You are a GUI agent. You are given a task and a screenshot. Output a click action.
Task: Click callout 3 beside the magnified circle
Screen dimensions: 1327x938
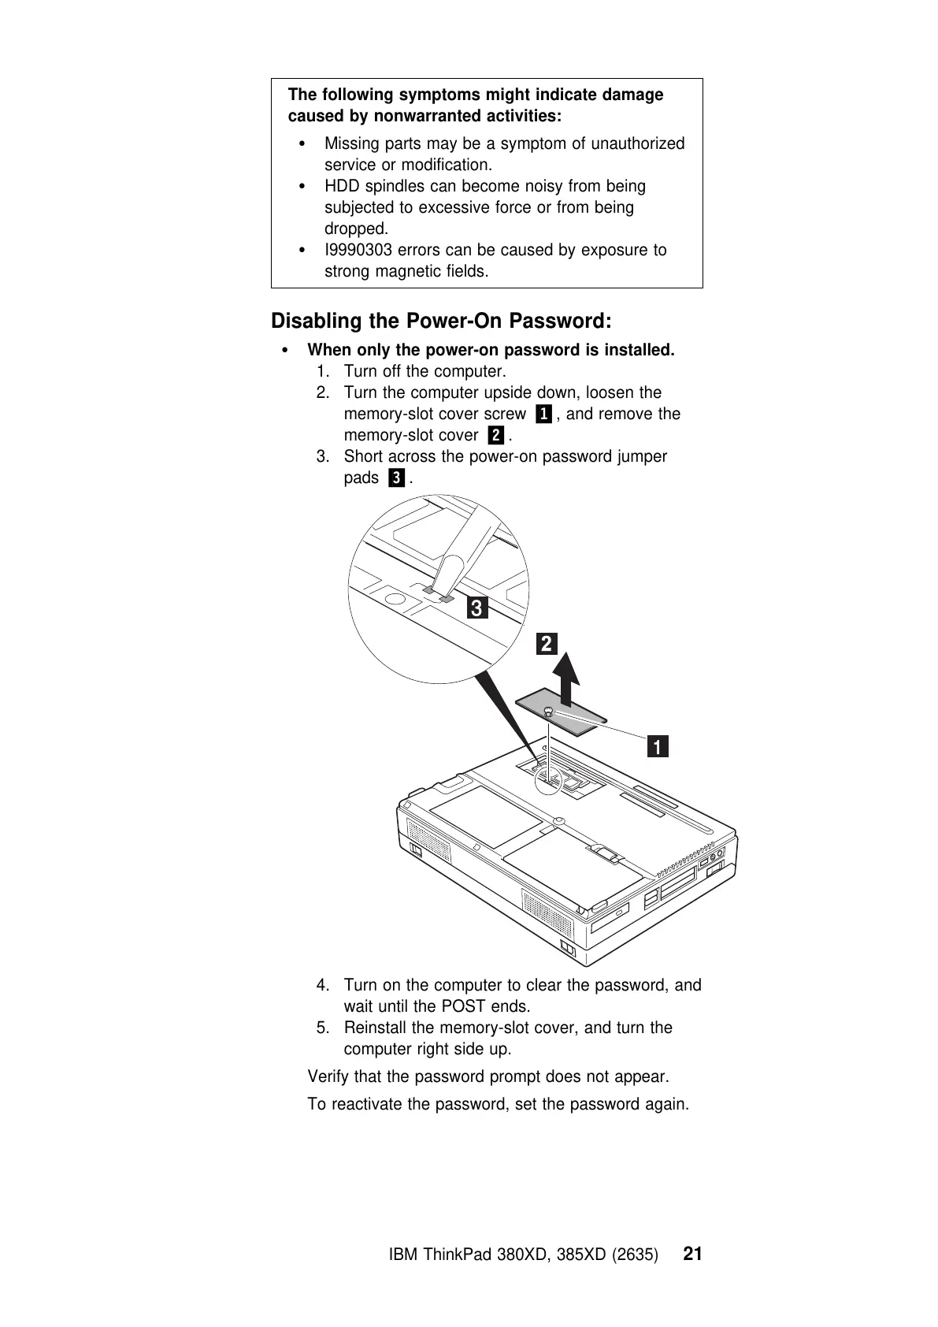pyautogui.click(x=476, y=608)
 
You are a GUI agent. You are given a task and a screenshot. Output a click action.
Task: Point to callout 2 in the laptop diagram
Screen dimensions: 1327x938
pyautogui.click(x=546, y=644)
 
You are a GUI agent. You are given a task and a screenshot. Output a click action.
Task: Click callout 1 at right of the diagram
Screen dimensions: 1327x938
pyautogui.click(x=658, y=745)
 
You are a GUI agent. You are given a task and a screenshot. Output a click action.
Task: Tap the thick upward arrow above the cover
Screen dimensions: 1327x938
pyautogui.click(x=565, y=679)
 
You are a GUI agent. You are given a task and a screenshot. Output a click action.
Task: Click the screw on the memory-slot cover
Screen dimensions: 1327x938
pyautogui.click(x=548, y=712)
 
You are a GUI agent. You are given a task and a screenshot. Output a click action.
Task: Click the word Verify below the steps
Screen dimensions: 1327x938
pyautogui.click(x=328, y=1076)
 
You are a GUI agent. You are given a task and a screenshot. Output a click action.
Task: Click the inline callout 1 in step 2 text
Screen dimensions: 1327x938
pyautogui.click(x=543, y=414)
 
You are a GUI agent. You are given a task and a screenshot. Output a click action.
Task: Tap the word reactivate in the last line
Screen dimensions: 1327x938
pyautogui.click(x=367, y=1104)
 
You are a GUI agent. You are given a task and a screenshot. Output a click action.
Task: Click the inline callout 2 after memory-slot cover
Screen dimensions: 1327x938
pyautogui.click(x=495, y=435)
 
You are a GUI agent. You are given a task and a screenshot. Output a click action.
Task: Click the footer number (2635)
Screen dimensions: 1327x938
pyautogui.click(x=635, y=1255)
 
